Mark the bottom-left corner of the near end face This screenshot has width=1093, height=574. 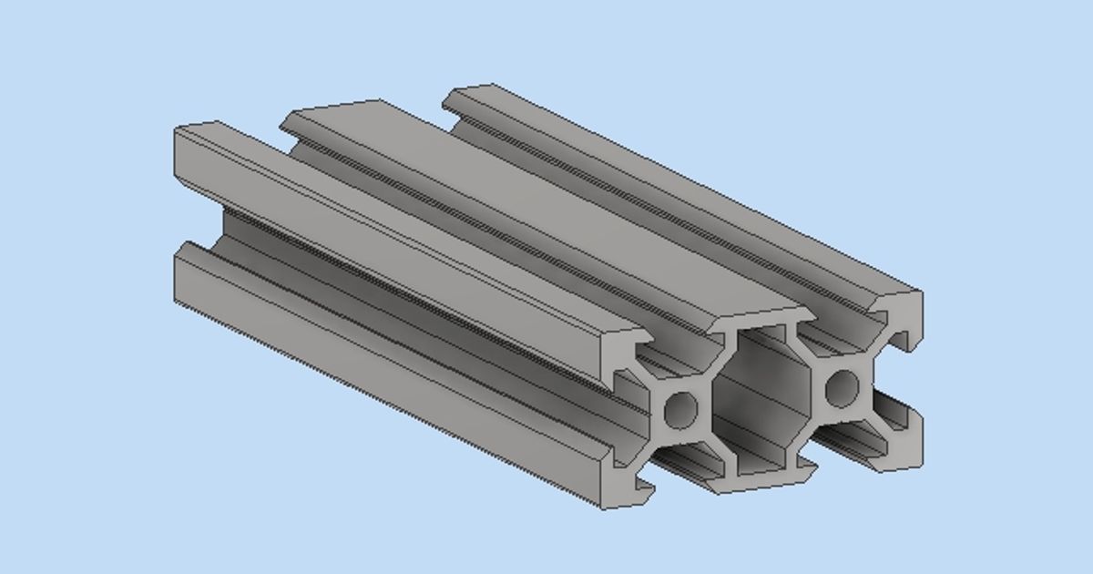click(x=602, y=507)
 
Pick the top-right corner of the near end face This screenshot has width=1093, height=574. click(x=921, y=292)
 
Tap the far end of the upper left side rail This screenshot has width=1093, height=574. click(x=196, y=128)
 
